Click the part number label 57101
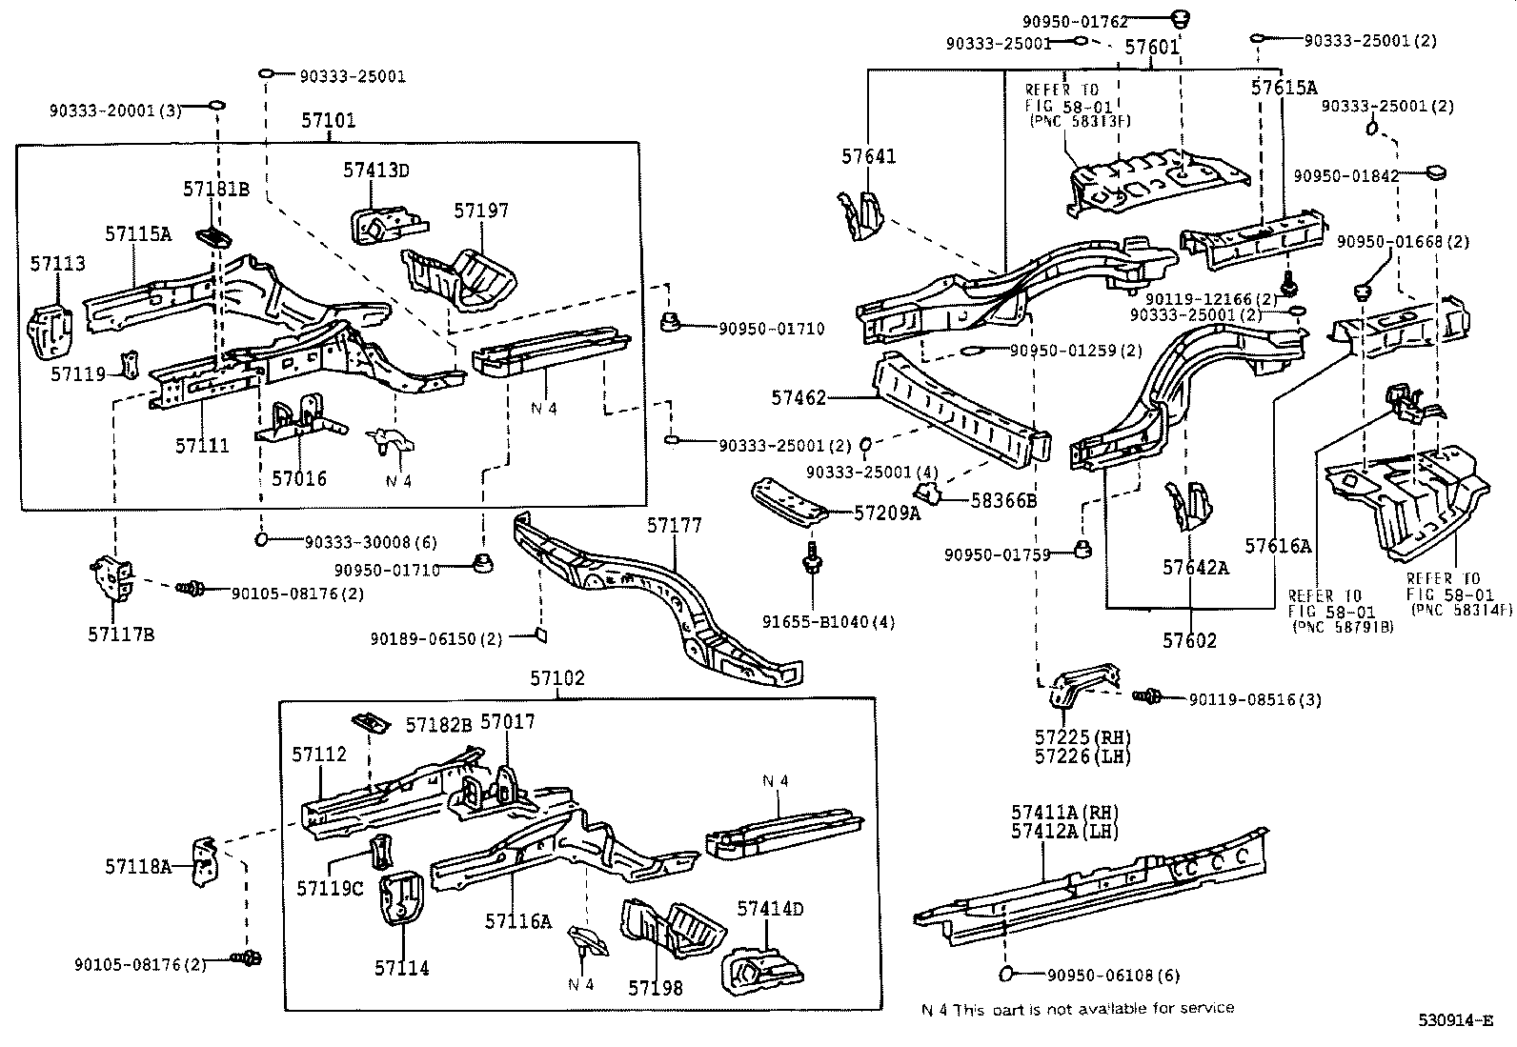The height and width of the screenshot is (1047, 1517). click(328, 121)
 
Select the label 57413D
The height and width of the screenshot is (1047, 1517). click(375, 171)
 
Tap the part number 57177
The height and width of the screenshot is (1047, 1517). click(674, 526)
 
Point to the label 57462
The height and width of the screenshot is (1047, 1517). click(799, 398)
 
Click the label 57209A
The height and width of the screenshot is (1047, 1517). click(887, 513)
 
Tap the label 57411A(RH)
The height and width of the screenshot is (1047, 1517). click(1064, 812)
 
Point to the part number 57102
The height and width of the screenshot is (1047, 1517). click(557, 678)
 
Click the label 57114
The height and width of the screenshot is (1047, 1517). click(401, 969)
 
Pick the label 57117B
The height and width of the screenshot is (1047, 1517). click(121, 634)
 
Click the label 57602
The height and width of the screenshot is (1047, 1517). click(1188, 641)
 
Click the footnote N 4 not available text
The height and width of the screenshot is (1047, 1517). click(1077, 1008)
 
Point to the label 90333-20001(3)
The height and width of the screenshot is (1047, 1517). click(115, 111)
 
